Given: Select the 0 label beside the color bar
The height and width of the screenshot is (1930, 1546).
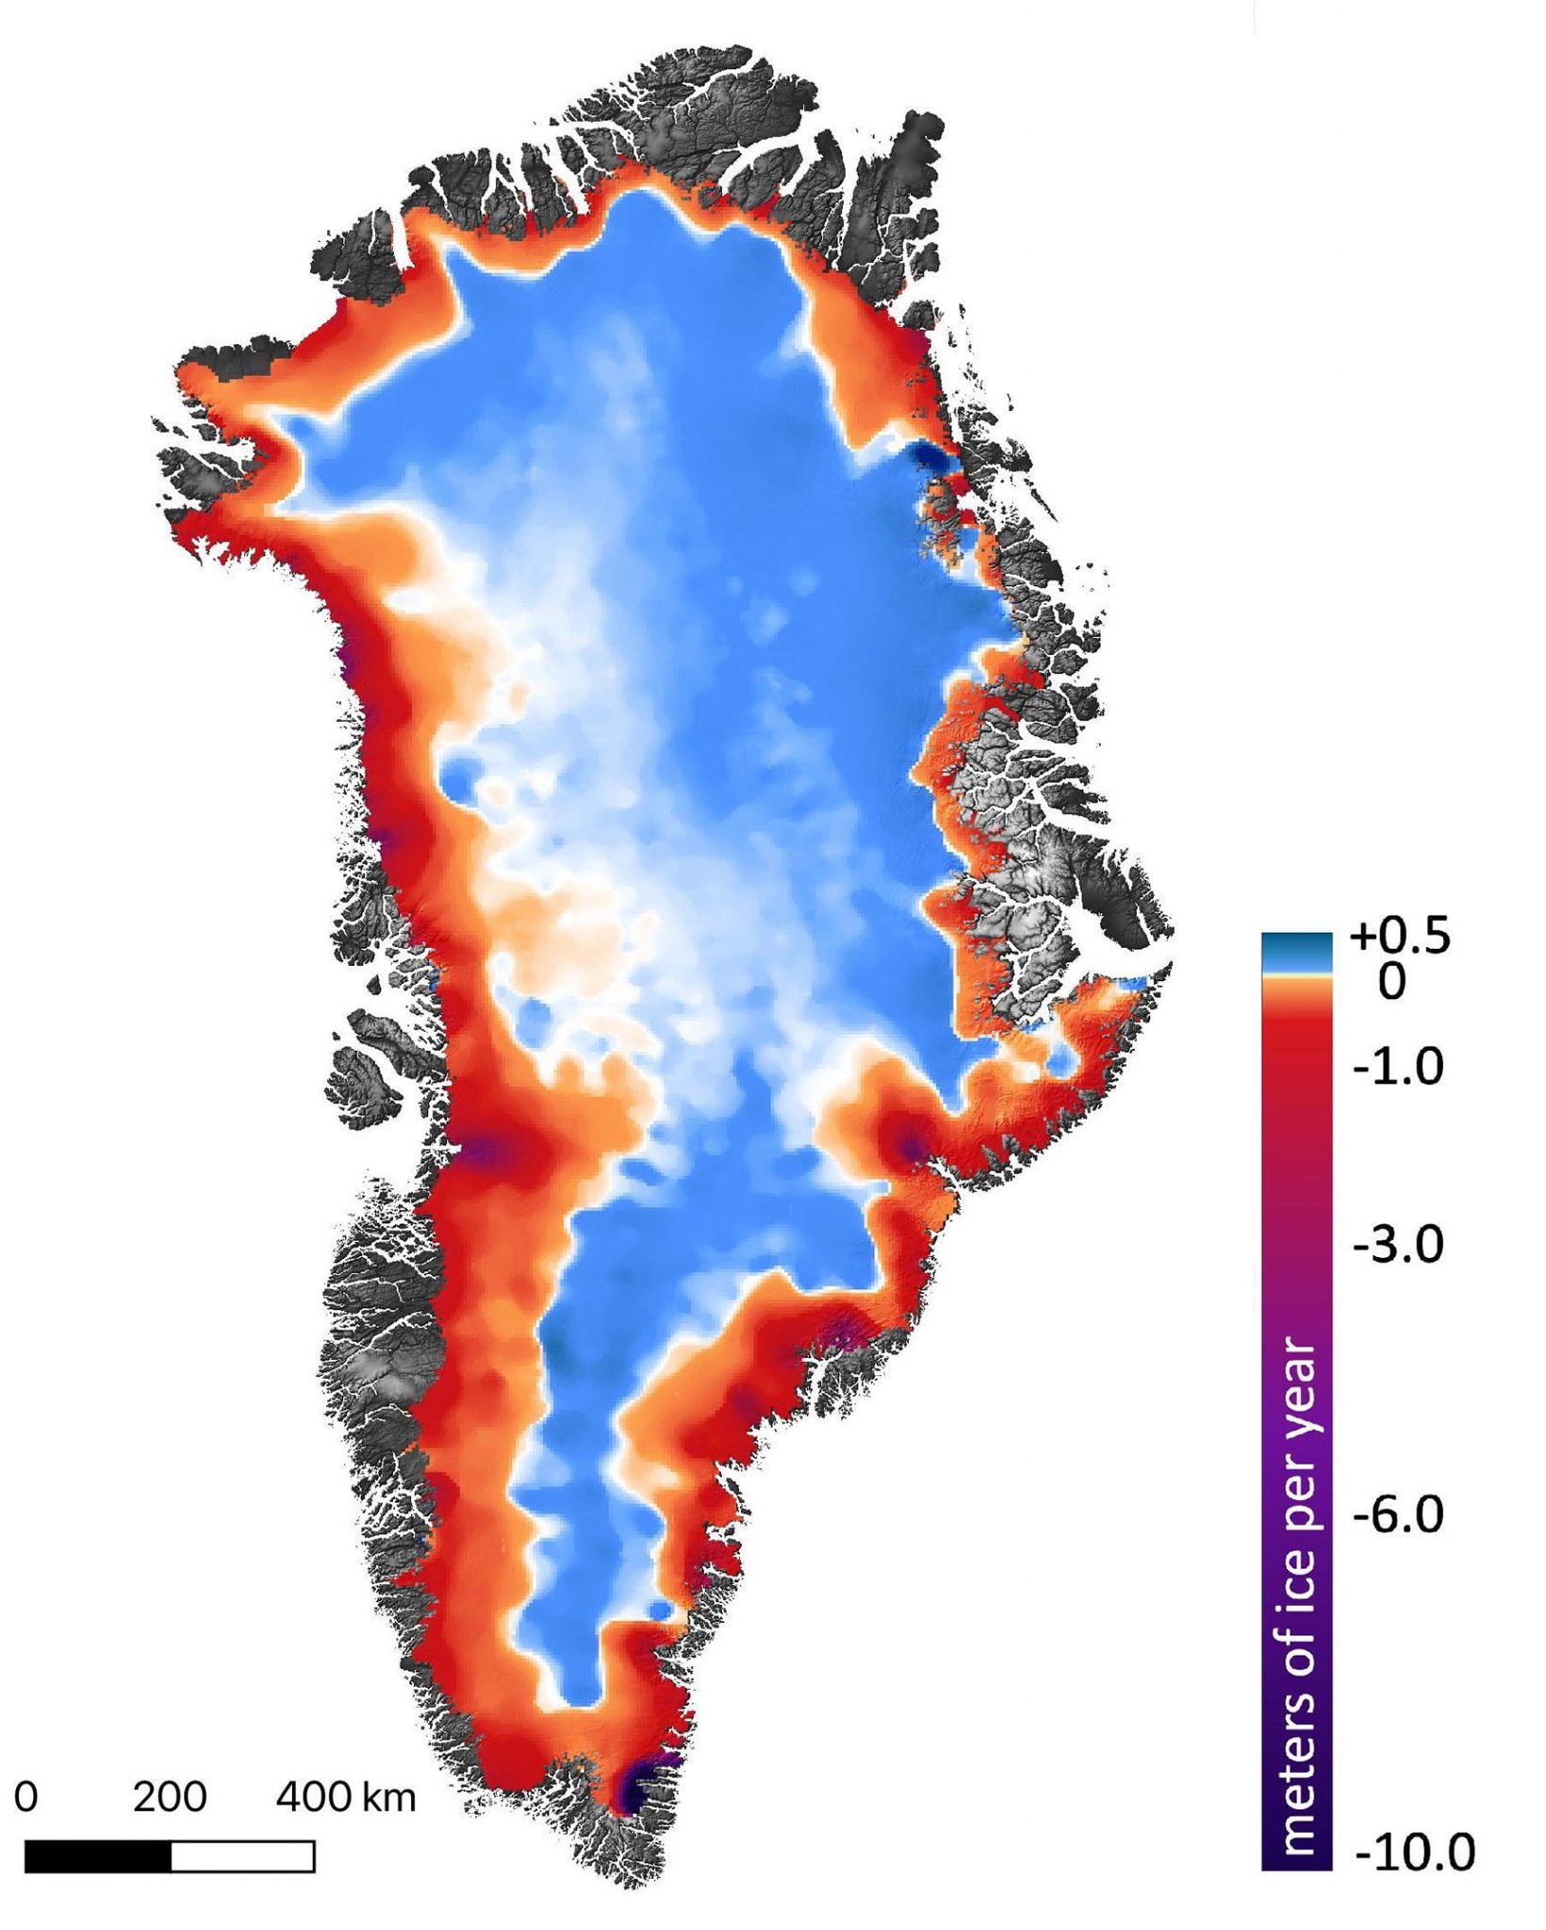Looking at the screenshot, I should (1391, 983).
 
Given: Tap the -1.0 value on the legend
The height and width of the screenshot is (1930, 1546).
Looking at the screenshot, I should (1398, 1068).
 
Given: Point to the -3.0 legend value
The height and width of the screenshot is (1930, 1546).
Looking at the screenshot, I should (1398, 1246).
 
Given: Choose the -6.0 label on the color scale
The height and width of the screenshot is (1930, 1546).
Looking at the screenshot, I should (1398, 1516).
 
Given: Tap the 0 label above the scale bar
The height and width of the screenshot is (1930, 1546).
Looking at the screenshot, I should (26, 1797).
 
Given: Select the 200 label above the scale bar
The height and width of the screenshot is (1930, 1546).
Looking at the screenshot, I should (169, 1797).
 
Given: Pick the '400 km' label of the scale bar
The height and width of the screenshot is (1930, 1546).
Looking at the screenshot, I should (345, 1797).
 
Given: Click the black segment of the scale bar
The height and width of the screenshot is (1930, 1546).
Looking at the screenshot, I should (97, 1856).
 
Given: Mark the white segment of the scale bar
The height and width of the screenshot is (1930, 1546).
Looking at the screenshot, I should (242, 1856).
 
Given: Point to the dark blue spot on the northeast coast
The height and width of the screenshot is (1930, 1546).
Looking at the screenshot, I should (933, 457).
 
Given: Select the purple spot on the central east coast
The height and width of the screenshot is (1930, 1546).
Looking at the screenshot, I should (911, 1147).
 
